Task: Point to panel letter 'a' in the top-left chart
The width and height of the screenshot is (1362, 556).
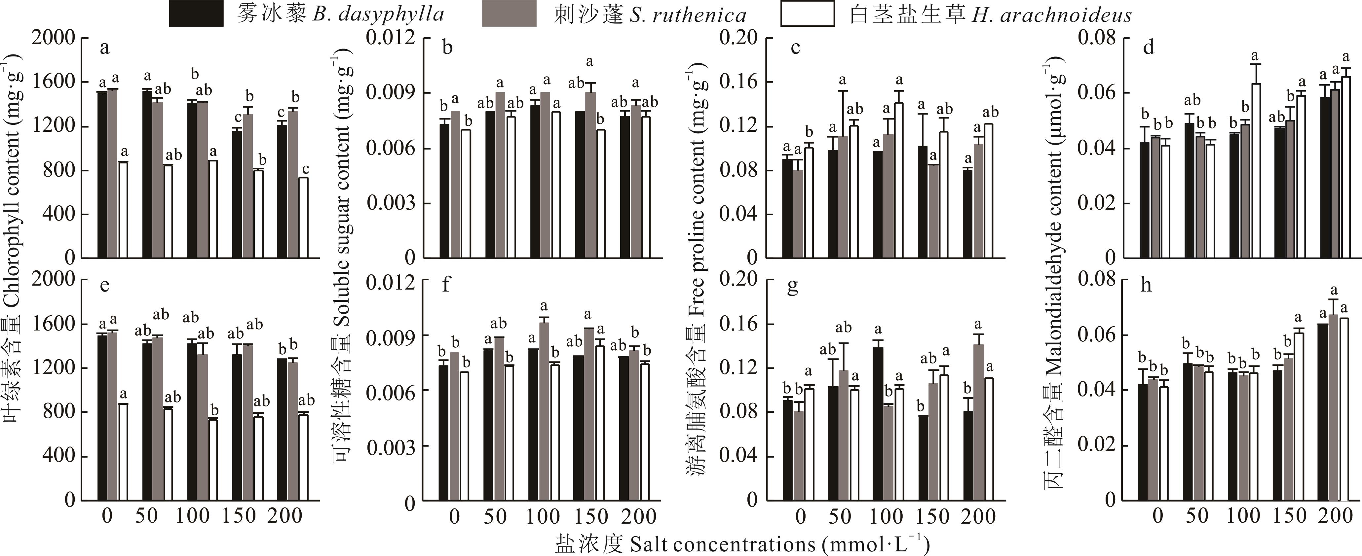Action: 105,48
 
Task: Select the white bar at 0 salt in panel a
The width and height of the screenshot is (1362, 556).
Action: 123,210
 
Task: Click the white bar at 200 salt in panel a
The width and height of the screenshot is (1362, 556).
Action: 303,218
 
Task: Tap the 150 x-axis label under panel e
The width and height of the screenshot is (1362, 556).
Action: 239,515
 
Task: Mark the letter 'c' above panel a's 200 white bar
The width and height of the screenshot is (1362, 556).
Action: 305,169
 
